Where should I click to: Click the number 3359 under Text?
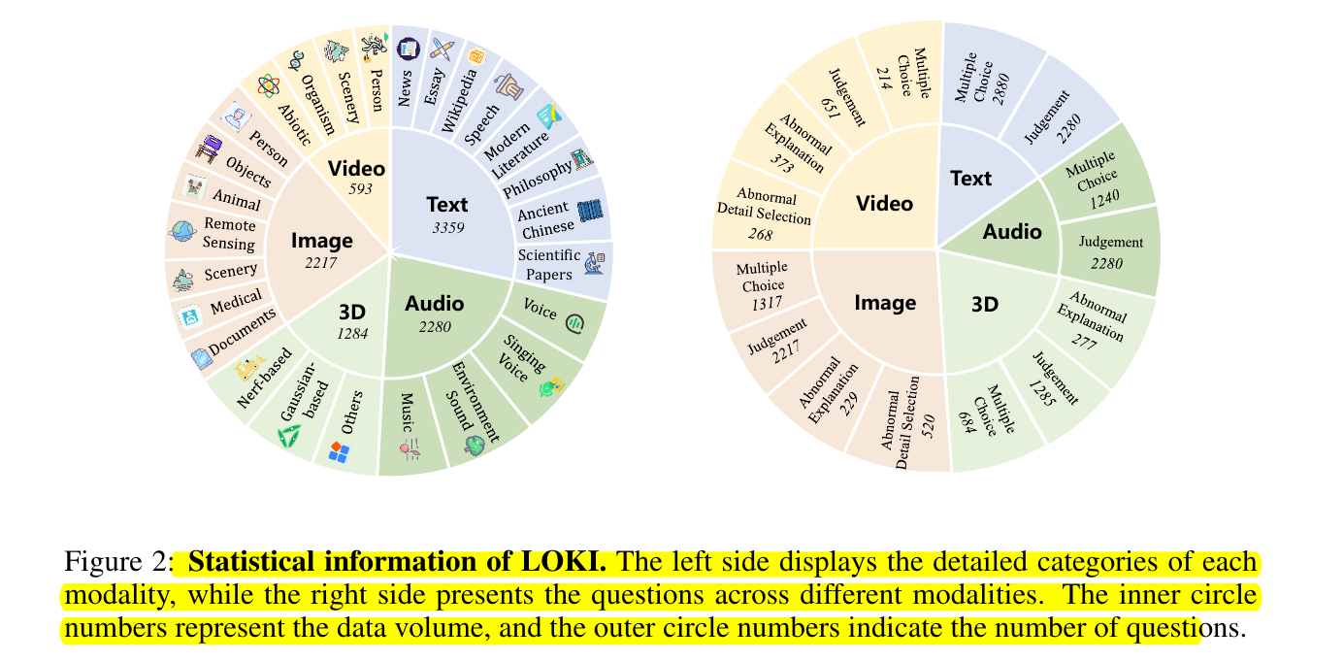tap(447, 228)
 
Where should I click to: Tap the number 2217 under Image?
tap(321, 261)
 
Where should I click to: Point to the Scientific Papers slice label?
tap(549, 264)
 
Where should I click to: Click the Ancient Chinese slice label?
tap(546, 221)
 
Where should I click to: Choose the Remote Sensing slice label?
tap(230, 235)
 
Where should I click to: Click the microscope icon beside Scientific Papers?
tap(595, 262)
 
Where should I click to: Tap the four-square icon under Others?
tap(340, 451)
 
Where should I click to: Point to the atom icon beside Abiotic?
tap(269, 85)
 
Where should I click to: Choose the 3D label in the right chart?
tap(985, 304)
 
